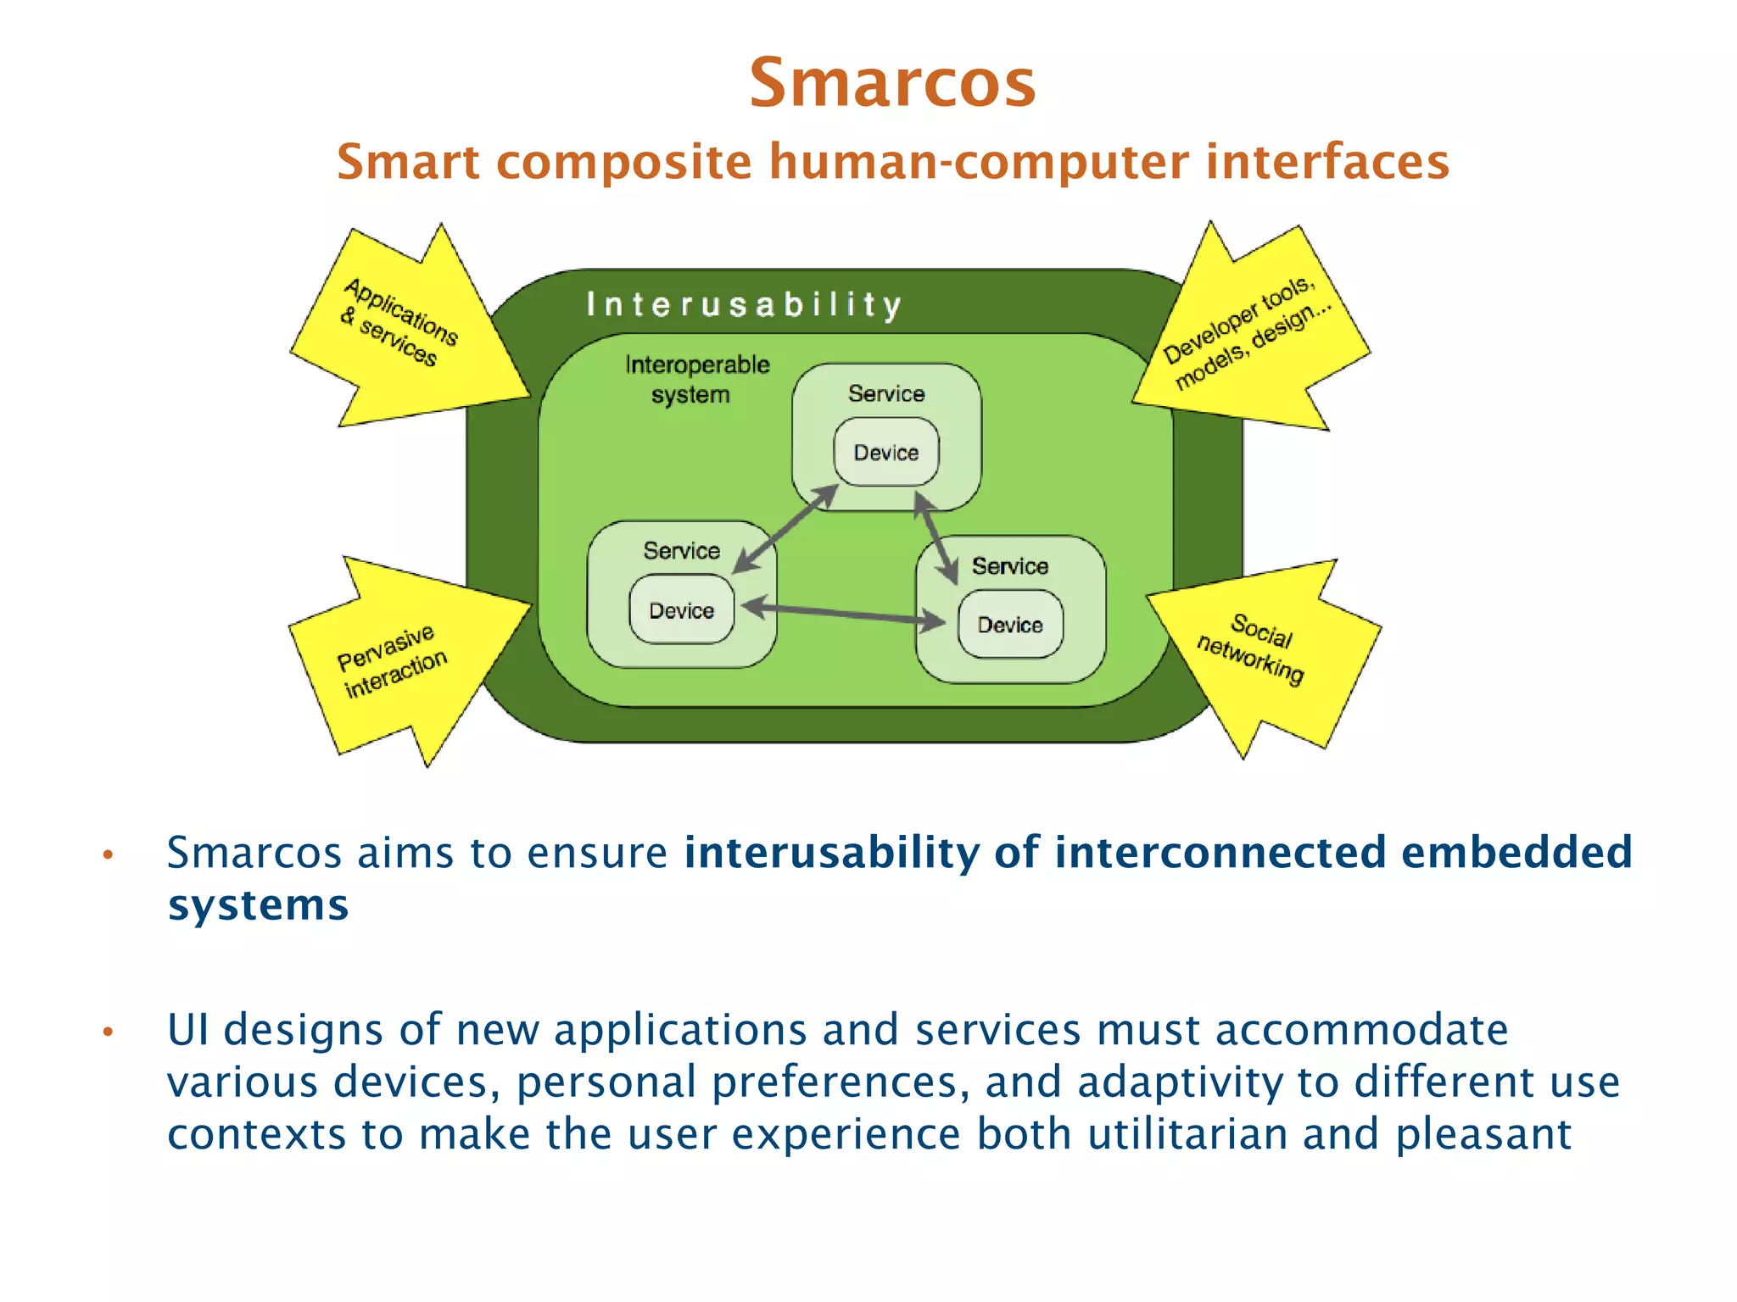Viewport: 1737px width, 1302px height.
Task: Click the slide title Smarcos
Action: [892, 83]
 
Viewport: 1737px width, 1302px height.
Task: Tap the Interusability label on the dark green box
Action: [744, 304]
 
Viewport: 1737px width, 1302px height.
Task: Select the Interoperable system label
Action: [696, 379]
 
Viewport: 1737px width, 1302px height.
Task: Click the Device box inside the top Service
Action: [886, 452]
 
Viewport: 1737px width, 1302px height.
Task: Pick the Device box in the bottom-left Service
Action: [681, 610]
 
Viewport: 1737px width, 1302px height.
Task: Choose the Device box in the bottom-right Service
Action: [1009, 625]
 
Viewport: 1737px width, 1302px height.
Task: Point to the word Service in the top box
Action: [886, 393]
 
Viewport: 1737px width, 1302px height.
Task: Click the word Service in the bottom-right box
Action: [1009, 565]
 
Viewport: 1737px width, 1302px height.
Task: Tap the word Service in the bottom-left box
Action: [681, 551]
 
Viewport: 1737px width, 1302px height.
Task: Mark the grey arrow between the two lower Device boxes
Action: [843, 614]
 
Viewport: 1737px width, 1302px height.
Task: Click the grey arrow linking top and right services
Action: [936, 537]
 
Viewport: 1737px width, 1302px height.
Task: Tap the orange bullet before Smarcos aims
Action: [108, 854]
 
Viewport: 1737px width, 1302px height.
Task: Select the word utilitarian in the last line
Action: [1187, 1133]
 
